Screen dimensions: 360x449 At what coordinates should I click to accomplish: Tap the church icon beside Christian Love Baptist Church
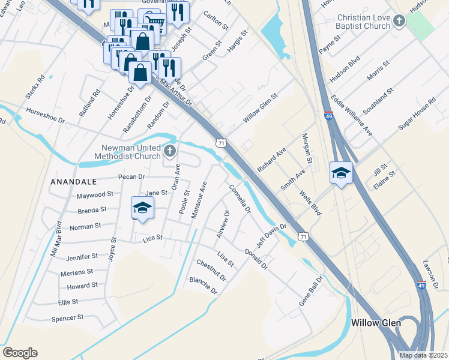point(398,22)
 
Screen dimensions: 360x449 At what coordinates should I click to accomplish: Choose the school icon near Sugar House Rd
point(341,173)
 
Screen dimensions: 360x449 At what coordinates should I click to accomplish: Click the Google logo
point(20,352)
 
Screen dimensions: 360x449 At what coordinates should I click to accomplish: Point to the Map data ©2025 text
point(423,355)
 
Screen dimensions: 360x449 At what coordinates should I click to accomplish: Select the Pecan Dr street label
point(133,177)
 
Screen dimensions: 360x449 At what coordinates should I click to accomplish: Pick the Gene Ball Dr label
point(312,292)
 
